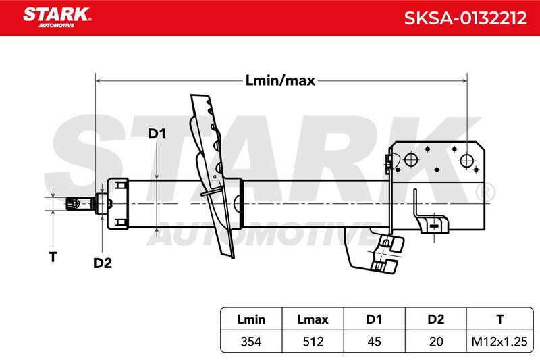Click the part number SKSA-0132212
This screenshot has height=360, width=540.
point(465,18)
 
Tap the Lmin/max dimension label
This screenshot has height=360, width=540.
point(280,80)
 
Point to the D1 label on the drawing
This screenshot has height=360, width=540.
point(157,134)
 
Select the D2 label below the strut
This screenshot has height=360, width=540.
point(103,263)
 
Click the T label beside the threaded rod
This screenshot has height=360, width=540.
point(53,257)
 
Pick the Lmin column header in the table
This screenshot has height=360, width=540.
point(251,319)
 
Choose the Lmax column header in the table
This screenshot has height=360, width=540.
point(313,319)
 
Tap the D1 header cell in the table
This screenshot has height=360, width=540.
point(374,319)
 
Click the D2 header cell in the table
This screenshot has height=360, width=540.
point(435,319)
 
